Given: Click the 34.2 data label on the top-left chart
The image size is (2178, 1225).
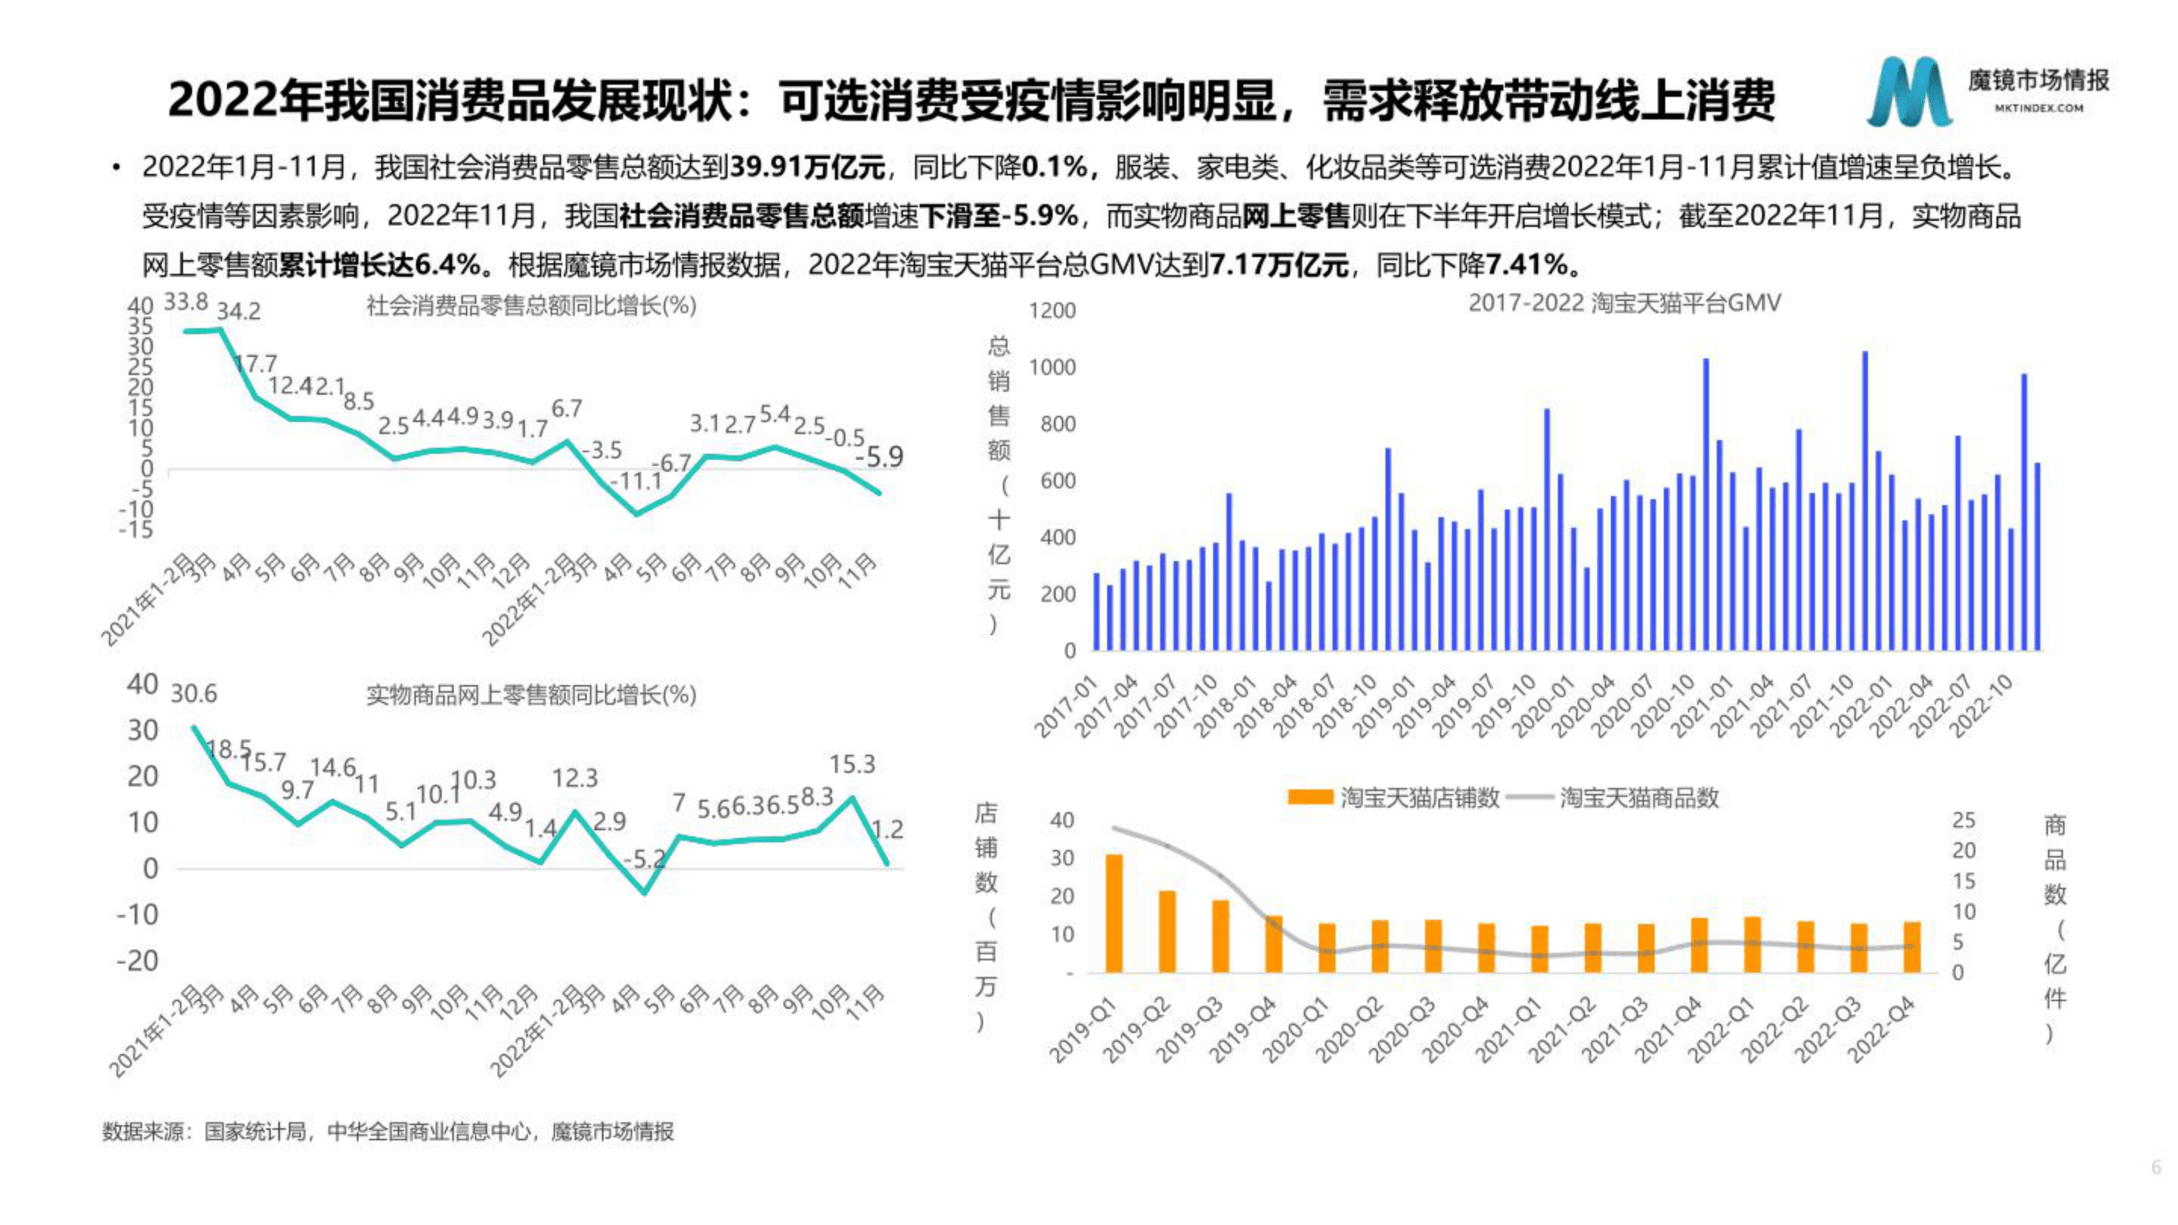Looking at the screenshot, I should click(x=238, y=312).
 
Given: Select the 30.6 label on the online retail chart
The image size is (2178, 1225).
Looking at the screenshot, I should click(x=194, y=694).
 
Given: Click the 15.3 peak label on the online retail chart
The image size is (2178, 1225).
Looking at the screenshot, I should click(x=852, y=765).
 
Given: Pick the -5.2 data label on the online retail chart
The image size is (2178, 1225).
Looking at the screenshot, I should click(x=644, y=860).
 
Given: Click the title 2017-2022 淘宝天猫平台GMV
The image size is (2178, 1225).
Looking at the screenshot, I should click(x=1624, y=302).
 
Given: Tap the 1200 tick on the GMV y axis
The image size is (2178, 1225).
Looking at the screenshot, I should click(x=1052, y=311).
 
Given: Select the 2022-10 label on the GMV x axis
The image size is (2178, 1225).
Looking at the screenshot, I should click(x=1982, y=708).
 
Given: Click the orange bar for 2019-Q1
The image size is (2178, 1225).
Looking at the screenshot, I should click(x=1115, y=913).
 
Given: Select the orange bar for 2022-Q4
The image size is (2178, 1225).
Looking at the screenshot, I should click(x=1912, y=947).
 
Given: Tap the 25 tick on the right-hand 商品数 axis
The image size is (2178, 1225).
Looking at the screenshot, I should click(x=1963, y=820).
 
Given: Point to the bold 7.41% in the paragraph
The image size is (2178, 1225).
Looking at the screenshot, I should click(x=1527, y=265).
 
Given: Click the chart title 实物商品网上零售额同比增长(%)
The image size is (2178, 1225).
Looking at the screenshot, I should click(x=531, y=696).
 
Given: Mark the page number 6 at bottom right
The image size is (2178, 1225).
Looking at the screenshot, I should click(x=2155, y=1167).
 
